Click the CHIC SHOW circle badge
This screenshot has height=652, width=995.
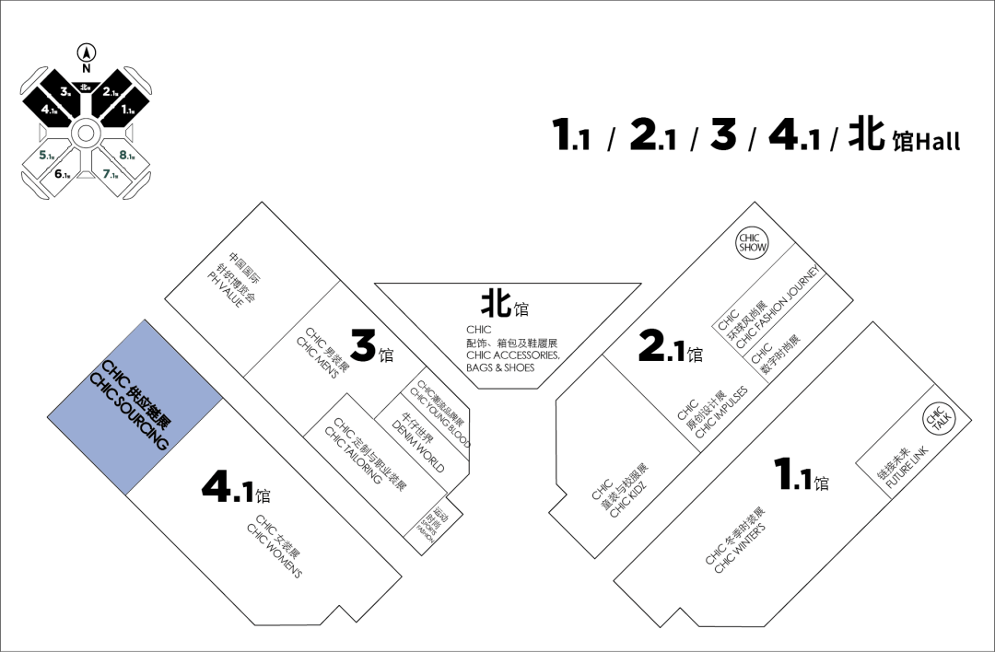(753, 243)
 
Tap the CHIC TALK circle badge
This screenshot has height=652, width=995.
(938, 419)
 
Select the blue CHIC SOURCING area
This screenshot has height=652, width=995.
(135, 408)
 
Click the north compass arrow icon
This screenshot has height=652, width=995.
(86, 53)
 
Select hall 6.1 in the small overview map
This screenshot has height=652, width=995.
(63, 174)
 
